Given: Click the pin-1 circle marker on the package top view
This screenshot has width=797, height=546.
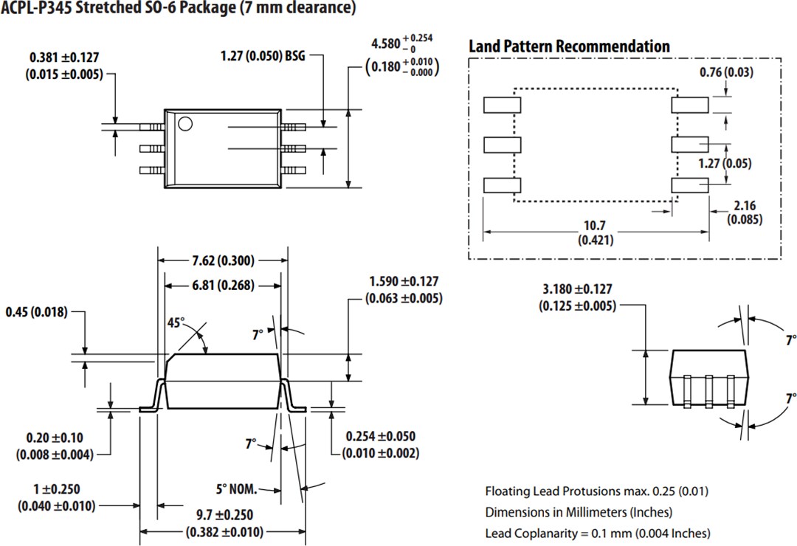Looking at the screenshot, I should point(185,123).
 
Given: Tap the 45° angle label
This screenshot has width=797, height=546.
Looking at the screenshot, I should point(176,322).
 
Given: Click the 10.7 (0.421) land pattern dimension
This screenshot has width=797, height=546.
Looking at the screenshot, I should point(596,232).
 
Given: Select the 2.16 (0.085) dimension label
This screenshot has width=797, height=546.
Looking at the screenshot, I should point(745,212).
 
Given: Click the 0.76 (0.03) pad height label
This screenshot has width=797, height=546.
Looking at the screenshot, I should point(727,72).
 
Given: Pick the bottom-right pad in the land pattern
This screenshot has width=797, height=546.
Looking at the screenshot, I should point(689,185).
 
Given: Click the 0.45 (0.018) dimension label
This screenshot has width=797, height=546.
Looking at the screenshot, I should point(36,312).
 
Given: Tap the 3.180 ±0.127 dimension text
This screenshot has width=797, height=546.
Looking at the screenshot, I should point(577,289).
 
